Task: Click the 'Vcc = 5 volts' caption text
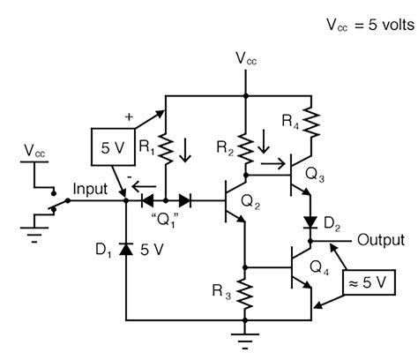coord(363,24)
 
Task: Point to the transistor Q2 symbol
coord(232,203)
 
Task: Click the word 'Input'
coord(92,189)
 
